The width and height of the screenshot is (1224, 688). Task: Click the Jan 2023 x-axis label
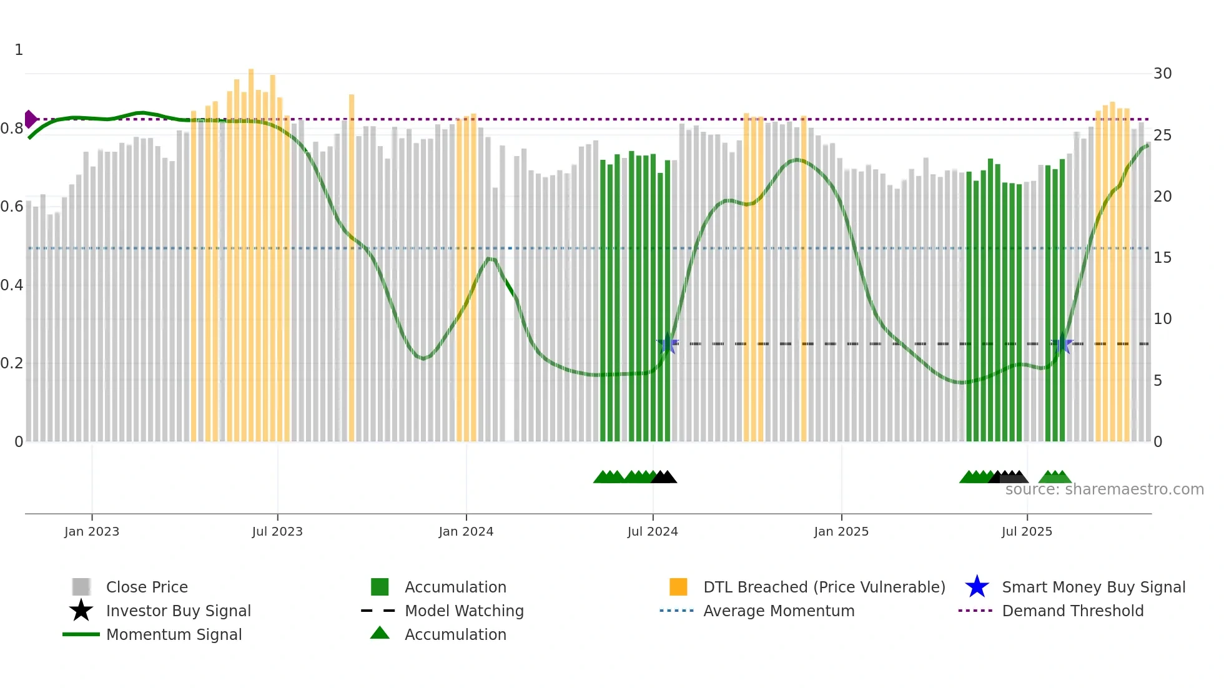(x=92, y=531)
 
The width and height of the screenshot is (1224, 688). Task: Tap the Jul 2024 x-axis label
(x=653, y=531)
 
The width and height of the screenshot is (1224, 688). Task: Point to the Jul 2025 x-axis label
(x=1027, y=531)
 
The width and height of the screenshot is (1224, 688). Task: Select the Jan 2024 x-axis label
(x=466, y=531)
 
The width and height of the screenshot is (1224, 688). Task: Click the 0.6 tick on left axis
(x=12, y=207)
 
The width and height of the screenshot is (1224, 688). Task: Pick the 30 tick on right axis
(x=1162, y=74)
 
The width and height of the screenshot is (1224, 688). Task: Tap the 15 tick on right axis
(x=1162, y=258)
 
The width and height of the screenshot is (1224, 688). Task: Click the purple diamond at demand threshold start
(x=30, y=119)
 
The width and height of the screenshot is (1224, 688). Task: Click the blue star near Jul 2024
(x=668, y=343)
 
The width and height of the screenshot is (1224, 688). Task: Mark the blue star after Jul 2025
(x=1062, y=343)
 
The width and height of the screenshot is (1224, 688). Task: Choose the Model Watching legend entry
(x=464, y=611)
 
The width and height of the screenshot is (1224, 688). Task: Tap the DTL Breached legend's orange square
(x=678, y=587)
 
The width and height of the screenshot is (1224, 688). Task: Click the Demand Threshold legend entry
(x=1072, y=611)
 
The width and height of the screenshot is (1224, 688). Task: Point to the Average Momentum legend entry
(x=778, y=611)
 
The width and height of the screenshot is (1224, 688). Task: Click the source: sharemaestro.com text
(x=1104, y=489)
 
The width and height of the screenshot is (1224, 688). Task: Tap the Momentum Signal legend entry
(x=174, y=634)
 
